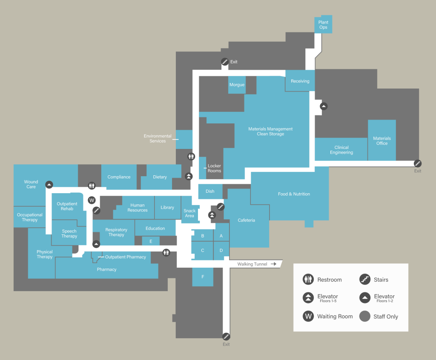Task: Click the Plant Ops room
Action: pyautogui.click(x=323, y=25)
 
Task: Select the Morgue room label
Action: pyautogui.click(x=237, y=85)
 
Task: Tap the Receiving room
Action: pyautogui.click(x=300, y=81)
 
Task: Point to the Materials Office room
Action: pyautogui.click(x=381, y=140)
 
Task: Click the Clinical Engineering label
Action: pyautogui.click(x=341, y=150)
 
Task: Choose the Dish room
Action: pyautogui.click(x=210, y=191)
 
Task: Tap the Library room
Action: pyautogui.click(x=167, y=207)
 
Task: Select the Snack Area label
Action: pyautogui.click(x=189, y=213)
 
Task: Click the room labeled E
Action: pyautogui.click(x=150, y=241)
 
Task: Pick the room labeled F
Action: pyautogui.click(x=203, y=277)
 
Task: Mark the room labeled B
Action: pyautogui.click(x=203, y=236)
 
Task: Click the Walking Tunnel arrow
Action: pyautogui.click(x=273, y=264)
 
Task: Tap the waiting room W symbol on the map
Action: pyautogui.click(x=92, y=200)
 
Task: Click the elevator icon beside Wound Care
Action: pyautogui.click(x=49, y=184)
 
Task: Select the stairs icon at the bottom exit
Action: pyautogui.click(x=226, y=336)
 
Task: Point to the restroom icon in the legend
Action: pyautogui.click(x=308, y=280)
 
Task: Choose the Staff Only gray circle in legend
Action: pyautogui.click(x=364, y=316)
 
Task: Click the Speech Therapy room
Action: pyautogui.click(x=69, y=234)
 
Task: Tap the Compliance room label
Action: pyautogui.click(x=119, y=177)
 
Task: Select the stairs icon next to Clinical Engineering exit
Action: pyautogui.click(x=418, y=163)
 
